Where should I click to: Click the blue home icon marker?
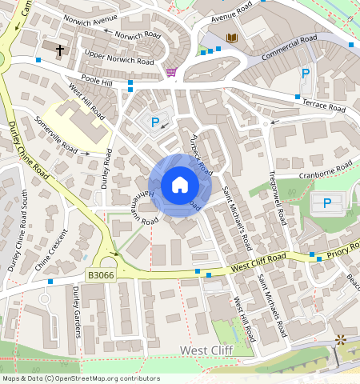(x=180, y=186)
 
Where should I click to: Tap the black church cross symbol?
(x=60, y=50)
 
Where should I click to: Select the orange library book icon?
(x=232, y=38)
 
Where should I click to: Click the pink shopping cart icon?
(x=171, y=72)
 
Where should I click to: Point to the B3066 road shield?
(x=99, y=275)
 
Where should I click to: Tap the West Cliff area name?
(x=206, y=350)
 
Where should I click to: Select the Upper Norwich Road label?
(x=118, y=57)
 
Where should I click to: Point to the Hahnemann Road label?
(x=135, y=201)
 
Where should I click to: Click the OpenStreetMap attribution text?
(x=80, y=378)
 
